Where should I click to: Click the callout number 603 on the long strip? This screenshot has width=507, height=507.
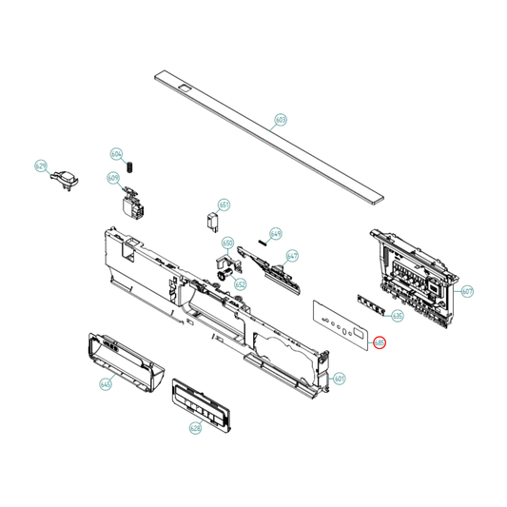(x=280, y=121)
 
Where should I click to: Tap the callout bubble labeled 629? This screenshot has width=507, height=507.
(x=41, y=166)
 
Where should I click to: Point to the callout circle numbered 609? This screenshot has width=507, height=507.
(x=113, y=178)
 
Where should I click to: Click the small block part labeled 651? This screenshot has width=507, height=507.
(x=214, y=223)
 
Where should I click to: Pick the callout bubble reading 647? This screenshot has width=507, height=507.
(x=292, y=256)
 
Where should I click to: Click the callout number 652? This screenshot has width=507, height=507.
(x=240, y=283)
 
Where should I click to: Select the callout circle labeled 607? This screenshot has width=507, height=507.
(x=467, y=291)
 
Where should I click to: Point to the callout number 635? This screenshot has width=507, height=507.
(x=398, y=315)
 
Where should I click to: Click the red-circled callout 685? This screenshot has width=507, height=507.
(x=380, y=342)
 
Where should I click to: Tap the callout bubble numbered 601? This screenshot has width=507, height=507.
(x=340, y=379)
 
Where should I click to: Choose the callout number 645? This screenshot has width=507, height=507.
(x=105, y=384)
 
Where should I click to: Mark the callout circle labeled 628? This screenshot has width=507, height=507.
(x=195, y=428)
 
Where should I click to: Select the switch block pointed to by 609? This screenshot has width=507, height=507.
(x=131, y=202)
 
